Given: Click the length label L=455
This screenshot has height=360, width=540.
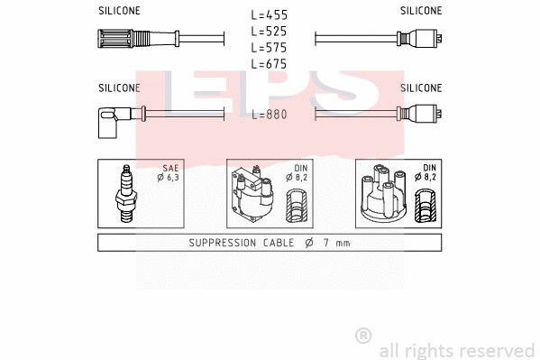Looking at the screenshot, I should pyautogui.click(x=270, y=15).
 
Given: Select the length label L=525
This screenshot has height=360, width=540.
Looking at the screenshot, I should pyautogui.click(x=270, y=31).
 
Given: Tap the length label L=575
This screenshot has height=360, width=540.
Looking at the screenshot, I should pyautogui.click(x=270, y=47).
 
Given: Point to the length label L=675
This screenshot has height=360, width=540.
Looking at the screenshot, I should pyautogui.click(x=270, y=63).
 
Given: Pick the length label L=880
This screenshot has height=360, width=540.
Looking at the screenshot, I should pyautogui.click(x=270, y=115).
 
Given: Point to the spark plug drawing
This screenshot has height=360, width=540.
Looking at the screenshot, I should pyautogui.click(x=126, y=196).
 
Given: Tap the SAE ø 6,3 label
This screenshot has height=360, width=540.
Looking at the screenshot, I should pyautogui.click(x=169, y=173).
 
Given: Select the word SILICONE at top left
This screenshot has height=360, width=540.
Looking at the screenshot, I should pyautogui.click(x=119, y=11).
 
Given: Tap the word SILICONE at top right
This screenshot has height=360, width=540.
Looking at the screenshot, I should pyautogui.click(x=421, y=11).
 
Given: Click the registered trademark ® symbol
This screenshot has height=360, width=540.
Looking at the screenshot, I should pyautogui.click(x=363, y=336).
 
